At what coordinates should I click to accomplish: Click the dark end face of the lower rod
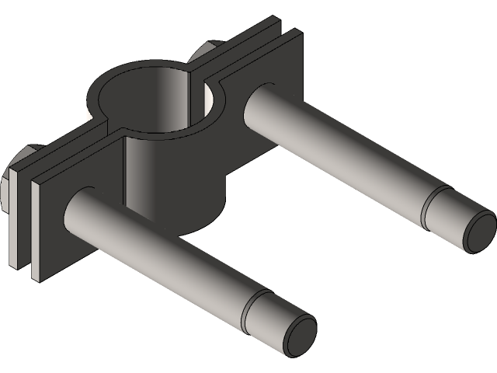(299, 337)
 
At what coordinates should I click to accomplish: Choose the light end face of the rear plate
(15, 225)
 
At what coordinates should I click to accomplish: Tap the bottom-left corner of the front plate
(33, 276)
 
